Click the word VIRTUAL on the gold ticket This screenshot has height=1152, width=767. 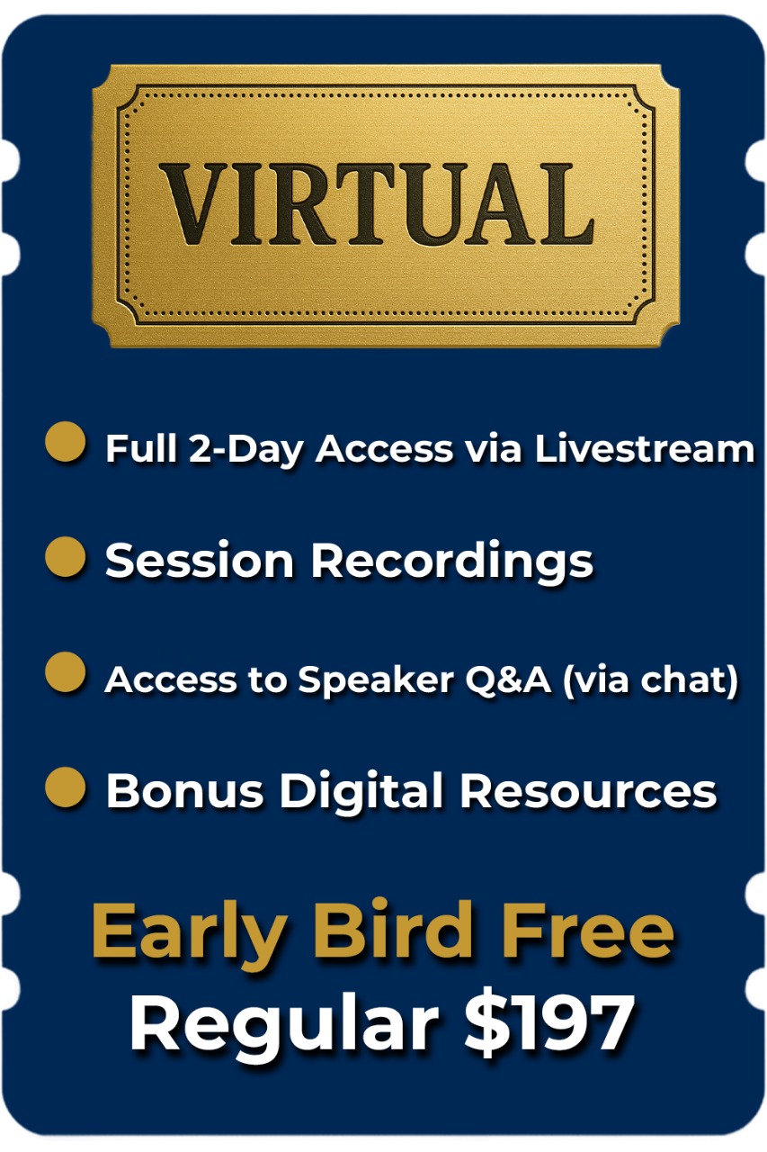(377, 203)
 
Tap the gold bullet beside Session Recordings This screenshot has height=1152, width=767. (66, 556)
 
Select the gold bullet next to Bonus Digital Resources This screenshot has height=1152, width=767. (66, 787)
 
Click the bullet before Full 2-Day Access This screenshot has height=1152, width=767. (66, 441)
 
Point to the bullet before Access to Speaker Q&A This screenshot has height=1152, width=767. (66, 671)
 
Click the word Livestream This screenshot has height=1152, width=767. (645, 448)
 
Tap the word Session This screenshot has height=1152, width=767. (200, 560)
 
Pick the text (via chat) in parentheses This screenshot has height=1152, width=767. (650, 680)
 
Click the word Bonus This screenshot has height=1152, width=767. (184, 791)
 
